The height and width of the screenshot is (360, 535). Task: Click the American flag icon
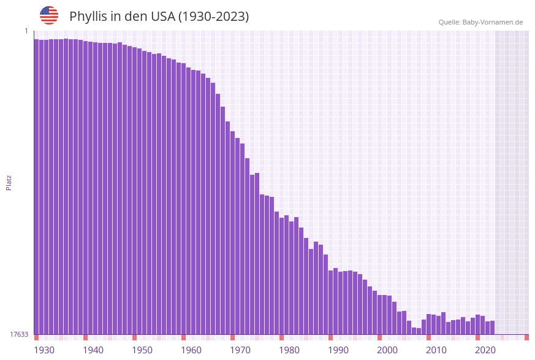pyautogui.click(x=49, y=15)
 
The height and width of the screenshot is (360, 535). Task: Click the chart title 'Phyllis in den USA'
pyautogui.click(x=159, y=16)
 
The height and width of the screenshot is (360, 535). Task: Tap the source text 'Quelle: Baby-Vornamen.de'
pyautogui.click(x=480, y=22)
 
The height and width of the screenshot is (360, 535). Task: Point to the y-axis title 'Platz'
pyautogui.click(x=9, y=182)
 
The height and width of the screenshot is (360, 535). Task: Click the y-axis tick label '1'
pyautogui.click(x=26, y=31)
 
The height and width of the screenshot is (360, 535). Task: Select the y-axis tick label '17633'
pyautogui.click(x=19, y=334)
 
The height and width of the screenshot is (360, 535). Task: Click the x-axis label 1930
pyautogui.click(x=44, y=350)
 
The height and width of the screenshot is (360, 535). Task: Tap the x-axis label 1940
pyautogui.click(x=93, y=350)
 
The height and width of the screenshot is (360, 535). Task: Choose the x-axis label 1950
pyautogui.click(x=142, y=350)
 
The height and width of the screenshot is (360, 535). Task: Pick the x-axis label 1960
pyautogui.click(x=191, y=350)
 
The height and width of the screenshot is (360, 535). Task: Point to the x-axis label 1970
pyautogui.click(x=240, y=350)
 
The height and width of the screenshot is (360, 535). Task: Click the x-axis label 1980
pyautogui.click(x=289, y=350)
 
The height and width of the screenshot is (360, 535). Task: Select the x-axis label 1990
pyautogui.click(x=338, y=350)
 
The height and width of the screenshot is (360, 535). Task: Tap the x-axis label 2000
pyautogui.click(x=387, y=350)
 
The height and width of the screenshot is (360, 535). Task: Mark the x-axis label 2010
pyautogui.click(x=436, y=350)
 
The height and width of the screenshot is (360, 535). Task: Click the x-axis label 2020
pyautogui.click(x=485, y=350)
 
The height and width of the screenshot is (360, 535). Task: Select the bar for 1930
pyautogui.click(x=37, y=184)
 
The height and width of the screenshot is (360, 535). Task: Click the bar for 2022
pyautogui.click(x=492, y=327)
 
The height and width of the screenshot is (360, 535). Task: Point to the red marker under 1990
pyautogui.click(x=331, y=337)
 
